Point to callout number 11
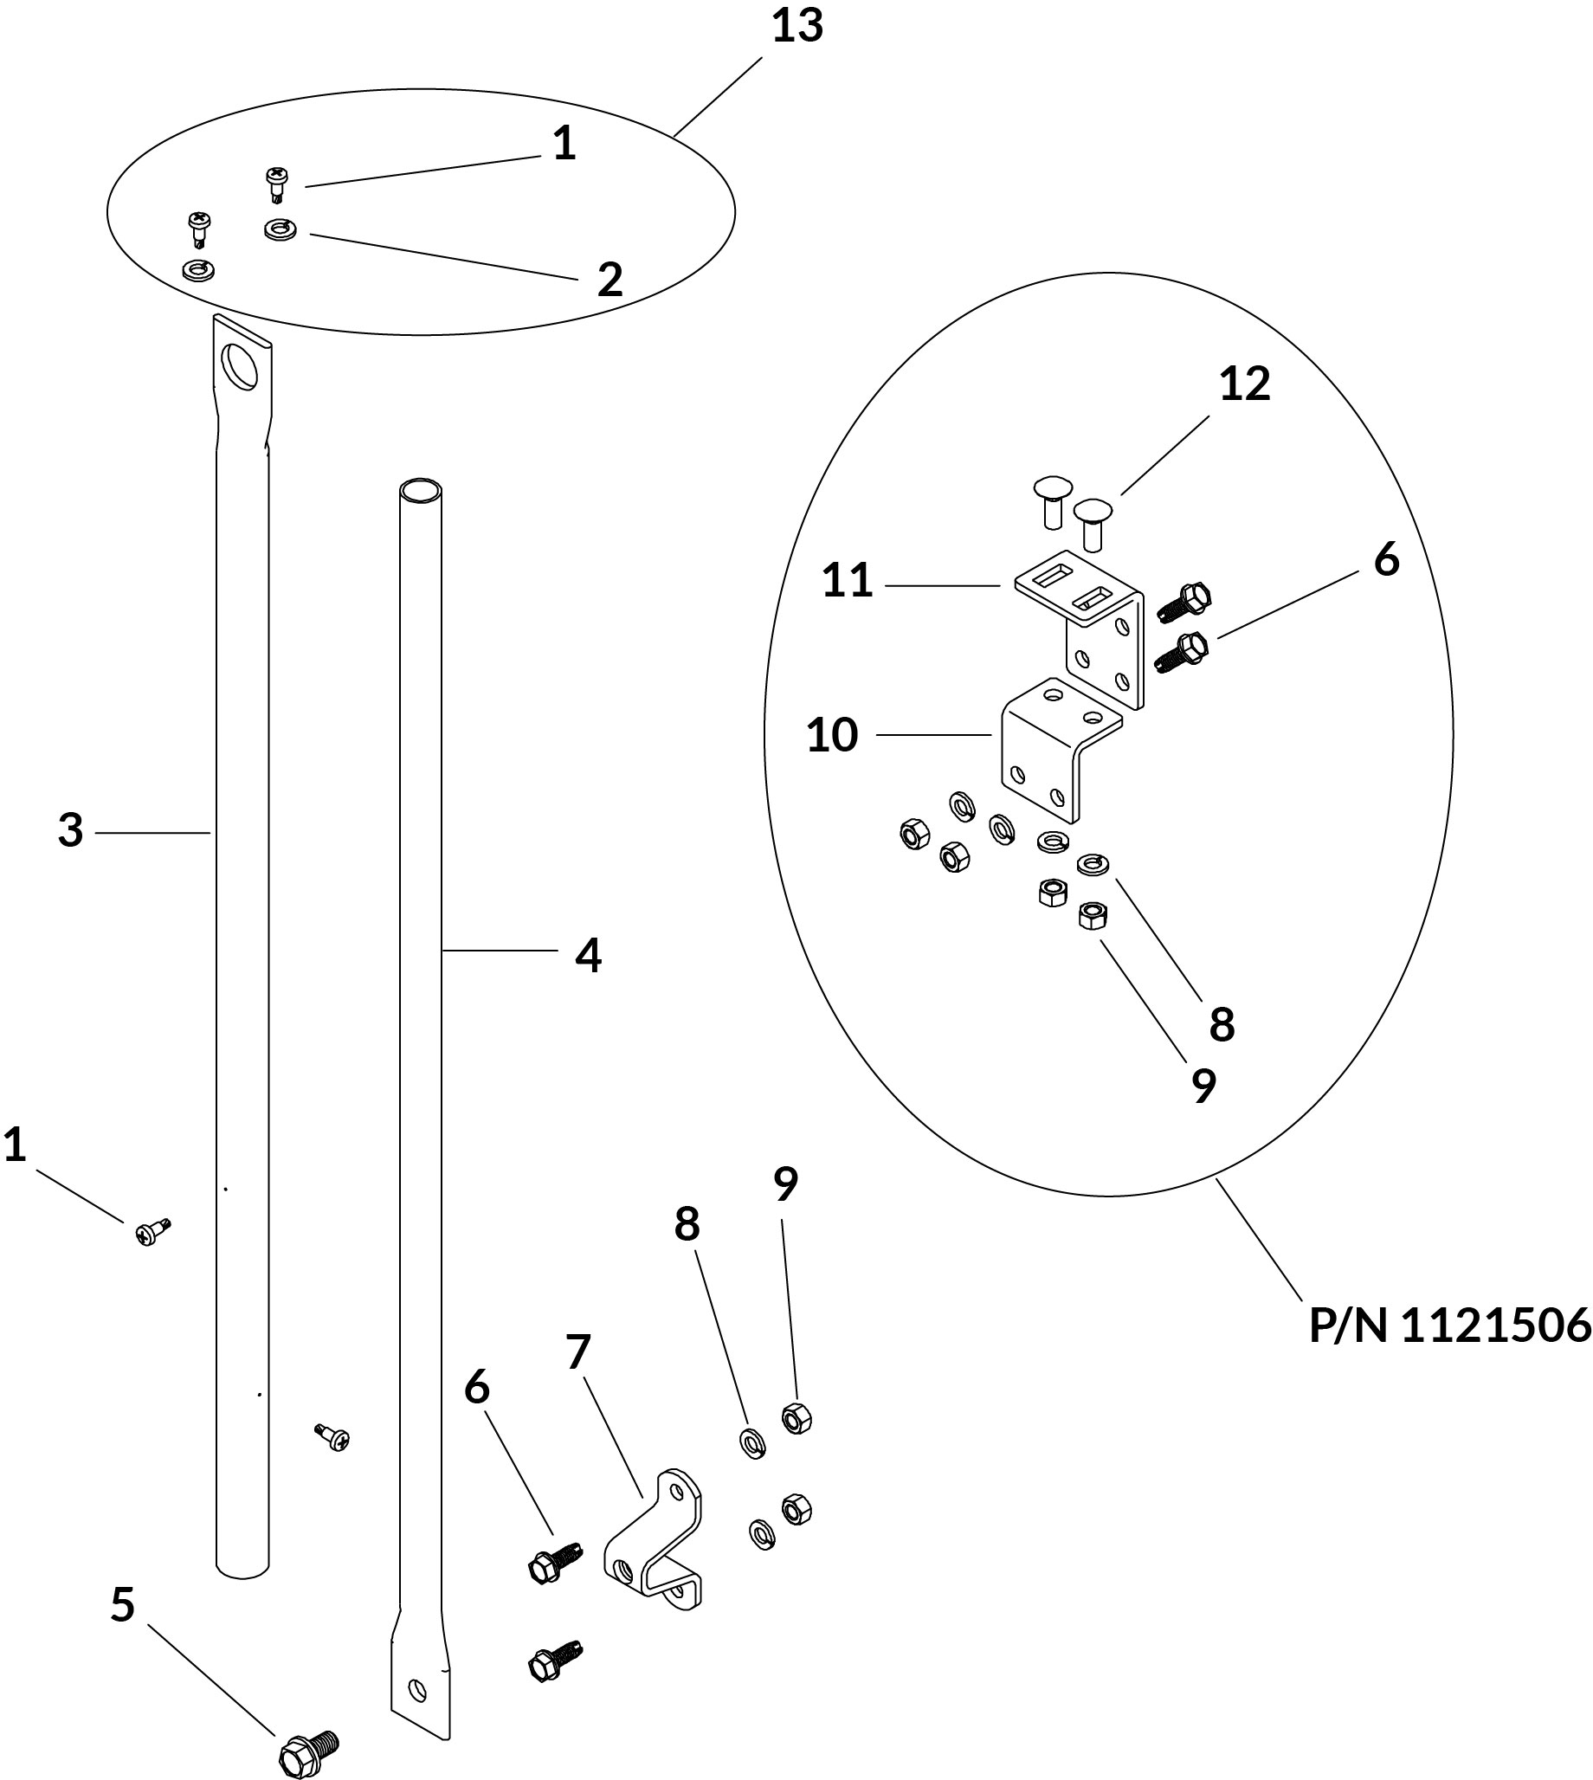[x=848, y=580]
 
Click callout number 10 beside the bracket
[x=831, y=735]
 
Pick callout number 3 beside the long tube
[x=70, y=829]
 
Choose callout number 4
[x=588, y=955]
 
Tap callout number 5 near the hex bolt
[x=123, y=1604]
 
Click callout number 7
[x=578, y=1352]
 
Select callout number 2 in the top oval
[x=609, y=279]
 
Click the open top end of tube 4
[x=420, y=489]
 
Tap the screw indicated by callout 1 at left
[x=152, y=1232]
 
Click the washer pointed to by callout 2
[x=281, y=230]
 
